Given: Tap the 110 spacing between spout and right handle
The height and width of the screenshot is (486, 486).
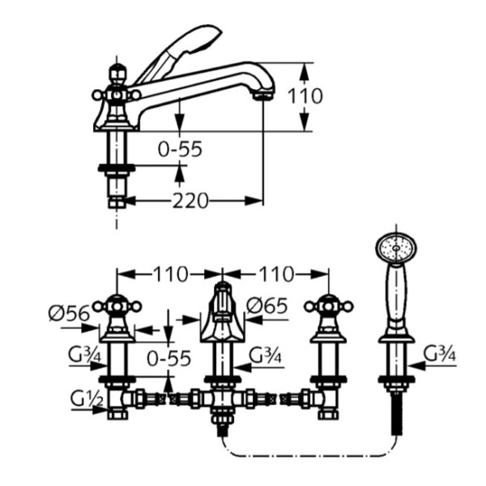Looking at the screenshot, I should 275,274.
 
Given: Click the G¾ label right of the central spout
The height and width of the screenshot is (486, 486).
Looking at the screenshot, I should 265,354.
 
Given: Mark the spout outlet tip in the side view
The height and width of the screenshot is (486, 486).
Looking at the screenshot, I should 261,96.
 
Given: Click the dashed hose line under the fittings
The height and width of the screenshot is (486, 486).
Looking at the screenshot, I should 308,453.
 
